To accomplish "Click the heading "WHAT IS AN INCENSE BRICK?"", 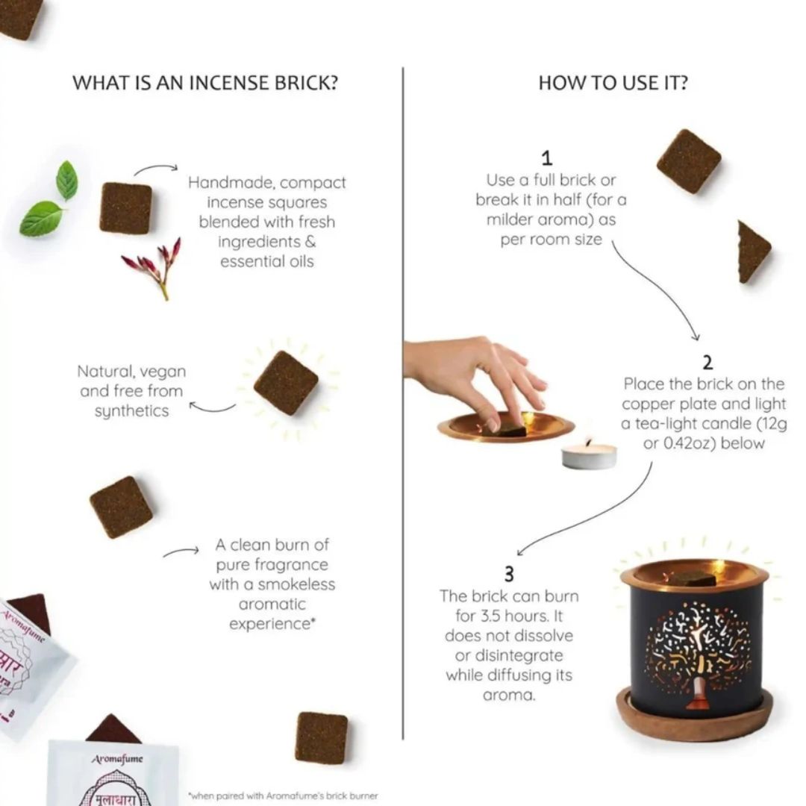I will click(205, 82).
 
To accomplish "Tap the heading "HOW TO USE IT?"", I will click(613, 82).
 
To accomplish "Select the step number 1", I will click(547, 157).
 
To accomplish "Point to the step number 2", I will click(707, 363).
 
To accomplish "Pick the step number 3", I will click(509, 574).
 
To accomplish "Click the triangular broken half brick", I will click(752, 252).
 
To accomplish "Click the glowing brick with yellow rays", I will click(286, 383).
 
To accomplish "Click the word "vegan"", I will click(163, 371).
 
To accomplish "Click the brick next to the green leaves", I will click(126, 207).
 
